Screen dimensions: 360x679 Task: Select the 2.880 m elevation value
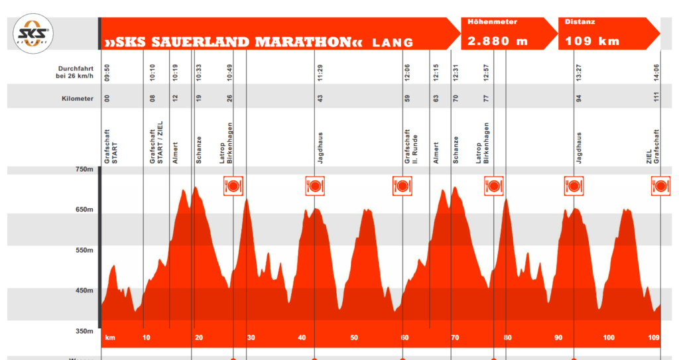click(x=497, y=41)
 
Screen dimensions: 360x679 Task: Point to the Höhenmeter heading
click(x=492, y=22)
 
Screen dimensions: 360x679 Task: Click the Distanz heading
click(x=580, y=22)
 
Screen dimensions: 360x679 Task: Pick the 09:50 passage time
click(x=107, y=72)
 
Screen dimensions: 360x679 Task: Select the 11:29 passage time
click(x=320, y=72)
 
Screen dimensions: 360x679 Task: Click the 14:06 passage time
click(x=656, y=72)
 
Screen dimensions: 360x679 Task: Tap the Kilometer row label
click(x=74, y=99)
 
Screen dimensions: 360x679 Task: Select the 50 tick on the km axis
click(x=354, y=338)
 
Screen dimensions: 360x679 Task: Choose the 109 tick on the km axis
click(x=654, y=338)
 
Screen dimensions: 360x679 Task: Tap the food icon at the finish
click(x=660, y=186)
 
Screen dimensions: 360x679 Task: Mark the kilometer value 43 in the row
click(x=320, y=99)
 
